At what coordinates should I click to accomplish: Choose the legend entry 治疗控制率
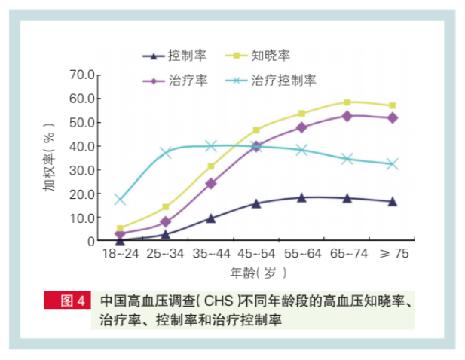pyautogui.click(x=283, y=81)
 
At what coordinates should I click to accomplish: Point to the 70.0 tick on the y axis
pyautogui.click(x=81, y=75)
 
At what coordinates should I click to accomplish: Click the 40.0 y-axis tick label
pyautogui.click(x=81, y=146)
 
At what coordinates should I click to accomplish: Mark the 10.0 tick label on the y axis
pyautogui.click(x=81, y=218)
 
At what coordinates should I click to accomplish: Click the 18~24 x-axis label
pyautogui.click(x=120, y=254)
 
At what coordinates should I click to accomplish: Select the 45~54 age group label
pyautogui.click(x=256, y=254)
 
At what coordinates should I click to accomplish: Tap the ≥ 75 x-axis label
pyautogui.click(x=392, y=254)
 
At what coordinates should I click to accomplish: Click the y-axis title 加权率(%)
pyautogui.click(x=50, y=158)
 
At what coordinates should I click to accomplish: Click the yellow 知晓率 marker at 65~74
pyautogui.click(x=347, y=102)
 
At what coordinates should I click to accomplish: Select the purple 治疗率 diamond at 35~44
pyautogui.click(x=211, y=183)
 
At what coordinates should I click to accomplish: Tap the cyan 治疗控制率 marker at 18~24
pyautogui.click(x=120, y=200)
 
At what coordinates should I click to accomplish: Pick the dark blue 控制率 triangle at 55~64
pyautogui.click(x=301, y=198)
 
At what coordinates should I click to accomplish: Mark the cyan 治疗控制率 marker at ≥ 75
pyautogui.click(x=392, y=163)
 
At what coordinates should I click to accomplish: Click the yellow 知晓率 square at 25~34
pyautogui.click(x=166, y=206)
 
